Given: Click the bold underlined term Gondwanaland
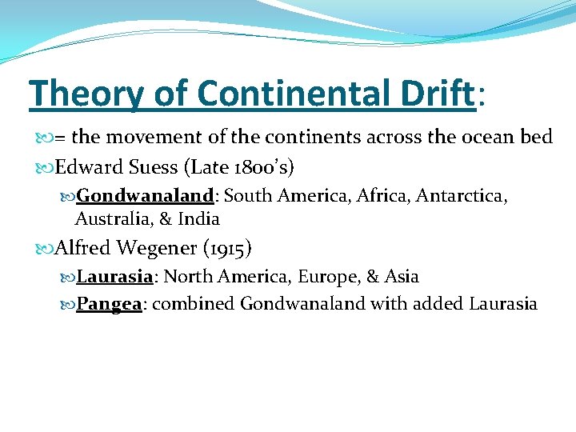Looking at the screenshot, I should pyautogui.click(x=145, y=196).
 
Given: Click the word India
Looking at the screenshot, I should pyautogui.click(x=198, y=218).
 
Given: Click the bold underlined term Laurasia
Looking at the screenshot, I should pyautogui.click(x=114, y=277).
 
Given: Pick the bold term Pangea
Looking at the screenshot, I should pyautogui.click(x=109, y=304).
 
